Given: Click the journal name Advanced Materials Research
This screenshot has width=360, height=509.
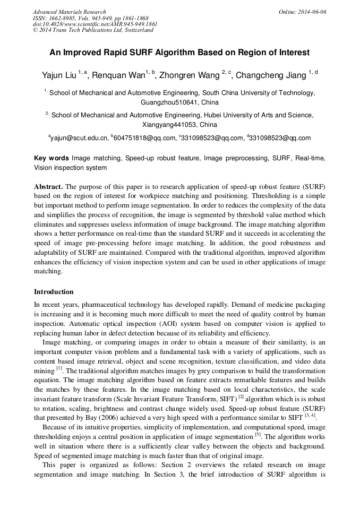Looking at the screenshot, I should pos(69,12).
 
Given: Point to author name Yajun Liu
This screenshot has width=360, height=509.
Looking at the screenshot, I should pos(58,75).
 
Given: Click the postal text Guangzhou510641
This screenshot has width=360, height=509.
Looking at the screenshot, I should pos(165,102).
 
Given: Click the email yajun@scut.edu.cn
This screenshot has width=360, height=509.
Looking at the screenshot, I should pos(79,139).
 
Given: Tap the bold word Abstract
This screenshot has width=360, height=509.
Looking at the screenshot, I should pos(48,187).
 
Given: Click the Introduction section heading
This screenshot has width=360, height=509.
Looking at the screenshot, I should pos(54,292).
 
